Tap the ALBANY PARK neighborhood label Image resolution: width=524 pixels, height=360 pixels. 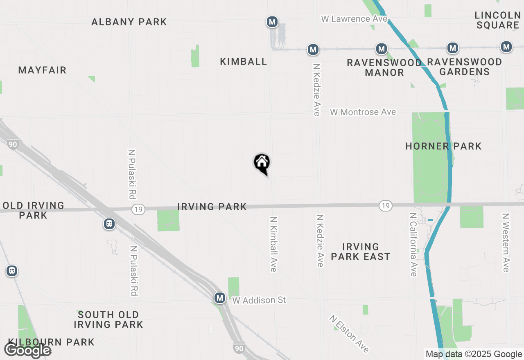[129, 22]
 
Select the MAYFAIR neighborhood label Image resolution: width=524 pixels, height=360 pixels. [42, 70]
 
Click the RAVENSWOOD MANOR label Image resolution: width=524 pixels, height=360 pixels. [384, 67]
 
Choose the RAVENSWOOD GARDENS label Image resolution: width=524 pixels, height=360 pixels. [464, 67]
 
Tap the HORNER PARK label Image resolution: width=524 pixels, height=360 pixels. [443, 146]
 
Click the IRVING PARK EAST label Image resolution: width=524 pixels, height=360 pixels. [360, 252]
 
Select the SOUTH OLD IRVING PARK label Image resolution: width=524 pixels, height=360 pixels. [108, 319]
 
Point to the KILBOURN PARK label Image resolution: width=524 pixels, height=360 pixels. [51, 342]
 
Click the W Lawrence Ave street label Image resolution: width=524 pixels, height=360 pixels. [354, 19]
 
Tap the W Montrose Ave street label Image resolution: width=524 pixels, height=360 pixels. [363, 112]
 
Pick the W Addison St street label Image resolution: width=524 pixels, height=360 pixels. [259, 300]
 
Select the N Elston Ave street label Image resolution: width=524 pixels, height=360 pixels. [350, 333]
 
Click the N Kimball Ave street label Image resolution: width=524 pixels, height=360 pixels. [273, 244]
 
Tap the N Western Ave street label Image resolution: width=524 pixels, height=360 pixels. [506, 242]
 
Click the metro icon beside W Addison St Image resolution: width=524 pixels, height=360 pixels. [220, 298]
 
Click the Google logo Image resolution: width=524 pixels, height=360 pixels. [27, 350]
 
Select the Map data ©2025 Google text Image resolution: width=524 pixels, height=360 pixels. [474, 354]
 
